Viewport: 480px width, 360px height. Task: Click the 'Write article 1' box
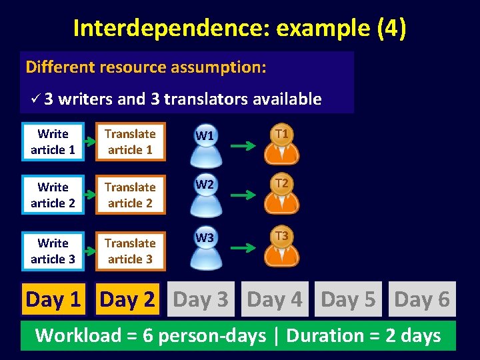[53, 142]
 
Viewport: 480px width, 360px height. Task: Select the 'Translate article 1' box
[130, 142]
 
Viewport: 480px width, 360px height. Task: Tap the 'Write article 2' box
[53, 195]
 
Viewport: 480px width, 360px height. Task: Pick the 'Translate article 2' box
[130, 195]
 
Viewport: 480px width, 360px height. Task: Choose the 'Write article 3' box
[53, 251]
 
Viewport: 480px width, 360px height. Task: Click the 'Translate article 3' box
[130, 251]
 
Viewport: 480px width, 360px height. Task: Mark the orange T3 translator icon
[282, 247]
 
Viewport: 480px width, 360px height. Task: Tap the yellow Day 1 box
[53, 300]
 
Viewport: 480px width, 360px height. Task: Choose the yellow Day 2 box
[127, 300]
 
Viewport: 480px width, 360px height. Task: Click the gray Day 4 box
[275, 300]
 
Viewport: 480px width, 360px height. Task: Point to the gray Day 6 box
[422, 300]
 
